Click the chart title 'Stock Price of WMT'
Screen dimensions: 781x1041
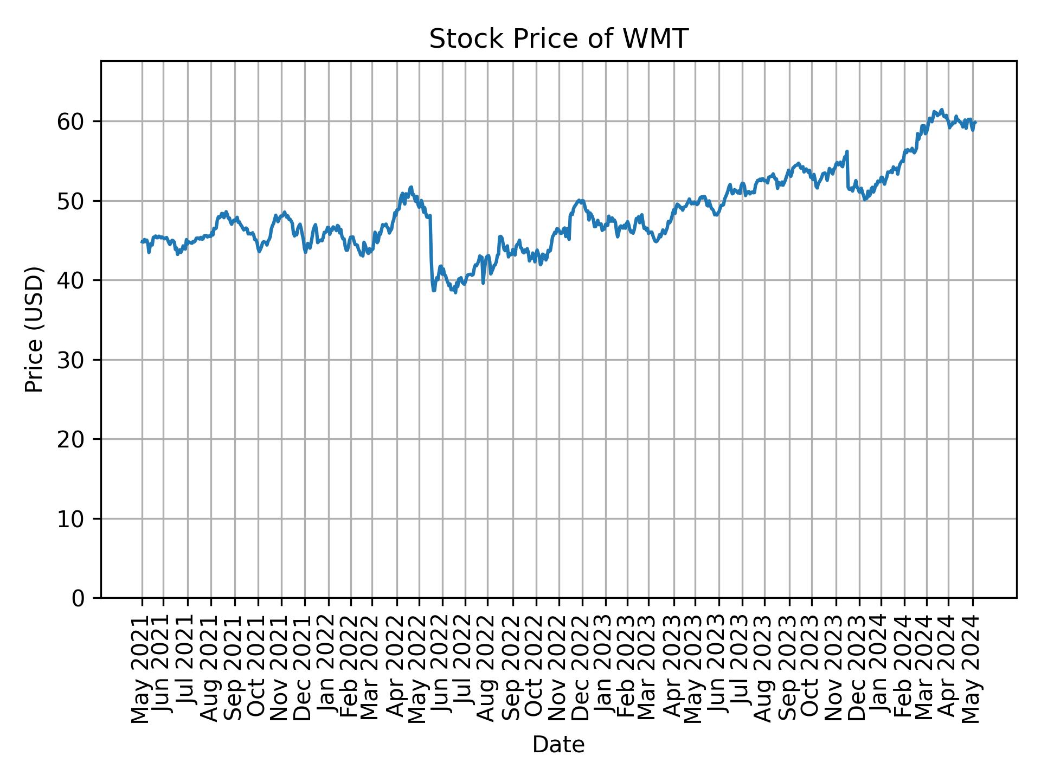(558, 40)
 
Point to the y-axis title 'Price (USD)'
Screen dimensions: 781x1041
(34, 329)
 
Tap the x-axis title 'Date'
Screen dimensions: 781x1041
(558, 745)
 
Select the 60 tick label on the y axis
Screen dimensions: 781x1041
(71, 121)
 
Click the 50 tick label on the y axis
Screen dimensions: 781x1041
(71, 201)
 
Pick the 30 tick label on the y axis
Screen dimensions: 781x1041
(71, 360)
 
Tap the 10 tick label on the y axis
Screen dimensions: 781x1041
(71, 519)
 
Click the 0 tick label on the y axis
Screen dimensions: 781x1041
(79, 598)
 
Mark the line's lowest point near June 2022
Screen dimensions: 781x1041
(455, 293)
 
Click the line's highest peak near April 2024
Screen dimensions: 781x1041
(942, 110)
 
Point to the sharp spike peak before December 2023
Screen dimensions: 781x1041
(847, 151)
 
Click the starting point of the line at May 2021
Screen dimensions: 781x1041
(142, 242)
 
